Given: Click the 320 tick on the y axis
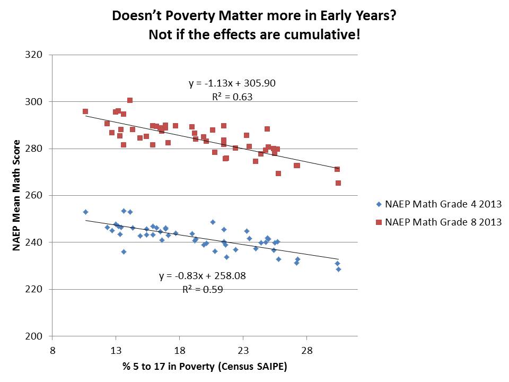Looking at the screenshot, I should pyautogui.click(x=40, y=55).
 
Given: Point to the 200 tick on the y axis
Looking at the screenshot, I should pyautogui.click(x=40, y=336).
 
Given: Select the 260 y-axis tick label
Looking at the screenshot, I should pyautogui.click(x=40, y=195).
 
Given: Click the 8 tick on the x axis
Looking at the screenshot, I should pyautogui.click(x=52, y=350).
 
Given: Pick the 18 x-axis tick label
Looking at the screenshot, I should pyautogui.click(x=179, y=350).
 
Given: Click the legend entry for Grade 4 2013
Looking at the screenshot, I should pyautogui.click(x=438, y=204).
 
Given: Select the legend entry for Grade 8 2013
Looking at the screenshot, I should pyautogui.click(x=438, y=222).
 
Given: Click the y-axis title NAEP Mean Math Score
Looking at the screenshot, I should pyautogui.click(x=18, y=195).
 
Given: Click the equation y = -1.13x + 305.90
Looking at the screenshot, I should pyautogui.click(x=232, y=83).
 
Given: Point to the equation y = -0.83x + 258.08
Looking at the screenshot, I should pyautogui.click(x=202, y=276).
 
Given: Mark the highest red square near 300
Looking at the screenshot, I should pyautogui.click(x=130, y=100).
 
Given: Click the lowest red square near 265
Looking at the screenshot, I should pyautogui.click(x=338, y=183).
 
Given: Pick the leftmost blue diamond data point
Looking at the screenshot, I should pyautogui.click(x=85, y=212).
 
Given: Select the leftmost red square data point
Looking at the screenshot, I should pyautogui.click(x=85, y=111).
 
